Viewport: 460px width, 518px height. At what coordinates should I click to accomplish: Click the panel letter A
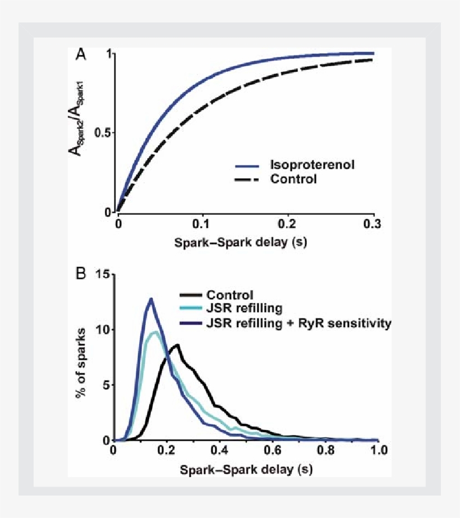[81, 55]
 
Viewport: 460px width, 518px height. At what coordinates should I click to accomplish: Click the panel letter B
[81, 274]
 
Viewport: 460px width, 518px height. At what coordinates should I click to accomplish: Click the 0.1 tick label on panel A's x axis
[203, 224]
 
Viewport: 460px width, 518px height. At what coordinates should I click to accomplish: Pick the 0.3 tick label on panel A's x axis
[373, 224]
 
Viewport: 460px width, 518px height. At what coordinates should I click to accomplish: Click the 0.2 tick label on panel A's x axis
[288, 224]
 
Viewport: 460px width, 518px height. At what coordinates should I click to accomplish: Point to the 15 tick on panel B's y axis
[102, 274]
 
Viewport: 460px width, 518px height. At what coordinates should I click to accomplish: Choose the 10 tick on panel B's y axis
[102, 330]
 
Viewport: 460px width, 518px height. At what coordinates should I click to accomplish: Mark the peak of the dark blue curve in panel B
[150, 299]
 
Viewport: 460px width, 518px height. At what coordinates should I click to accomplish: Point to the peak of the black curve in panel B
[177, 345]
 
